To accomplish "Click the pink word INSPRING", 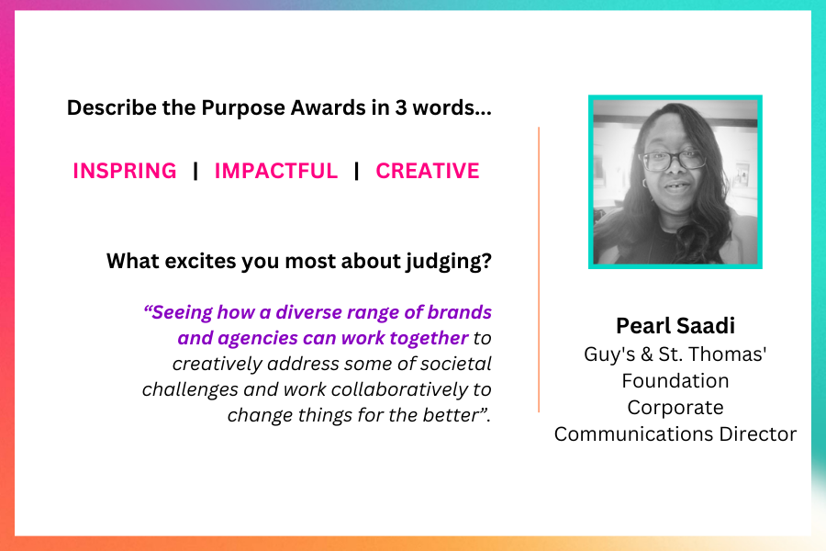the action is click(125, 171).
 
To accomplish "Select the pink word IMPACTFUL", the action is click(276, 171).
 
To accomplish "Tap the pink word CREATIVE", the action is click(428, 171).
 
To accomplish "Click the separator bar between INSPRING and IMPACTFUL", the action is click(196, 171).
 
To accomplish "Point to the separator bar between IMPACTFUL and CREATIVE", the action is click(357, 171).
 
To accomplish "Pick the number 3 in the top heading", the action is click(401, 107).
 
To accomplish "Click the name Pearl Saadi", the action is click(675, 326).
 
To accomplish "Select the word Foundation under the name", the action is click(675, 381).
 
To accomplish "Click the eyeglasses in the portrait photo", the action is click(673, 160).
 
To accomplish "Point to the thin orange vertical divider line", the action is click(539, 269).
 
